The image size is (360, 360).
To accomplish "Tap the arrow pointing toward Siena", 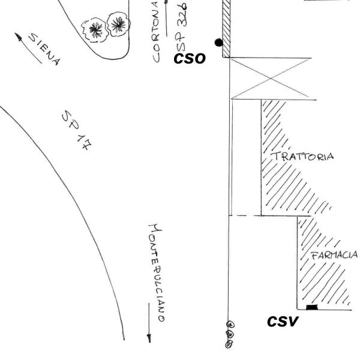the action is tap(28, 48).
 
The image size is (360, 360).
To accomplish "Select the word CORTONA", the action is tap(156, 32).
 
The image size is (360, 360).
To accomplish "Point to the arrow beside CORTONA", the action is tap(166, 18).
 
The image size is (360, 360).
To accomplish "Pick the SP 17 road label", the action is tap(76, 130).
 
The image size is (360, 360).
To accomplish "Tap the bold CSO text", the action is tap(190, 59).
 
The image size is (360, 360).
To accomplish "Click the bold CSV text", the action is tap(283, 321).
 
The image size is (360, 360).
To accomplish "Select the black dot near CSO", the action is tap(218, 43).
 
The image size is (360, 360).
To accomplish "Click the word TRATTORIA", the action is tap(302, 157).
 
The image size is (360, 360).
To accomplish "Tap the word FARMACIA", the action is tap(334, 255).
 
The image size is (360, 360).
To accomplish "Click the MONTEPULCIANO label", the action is tap(156, 273).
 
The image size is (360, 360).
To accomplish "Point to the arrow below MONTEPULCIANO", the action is tap(149, 323).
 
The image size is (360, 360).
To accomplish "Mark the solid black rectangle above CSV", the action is tap(312, 307).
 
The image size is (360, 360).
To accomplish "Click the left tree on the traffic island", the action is tap(95, 30).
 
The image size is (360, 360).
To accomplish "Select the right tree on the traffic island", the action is tap(118, 24).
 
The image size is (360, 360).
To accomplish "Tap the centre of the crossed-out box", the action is tap(271, 79).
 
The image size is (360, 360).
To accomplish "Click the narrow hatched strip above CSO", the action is tap(226, 28).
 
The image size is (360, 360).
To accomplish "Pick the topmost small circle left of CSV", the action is tap(230, 325).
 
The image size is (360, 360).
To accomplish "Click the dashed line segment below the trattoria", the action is tap(245, 215).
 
